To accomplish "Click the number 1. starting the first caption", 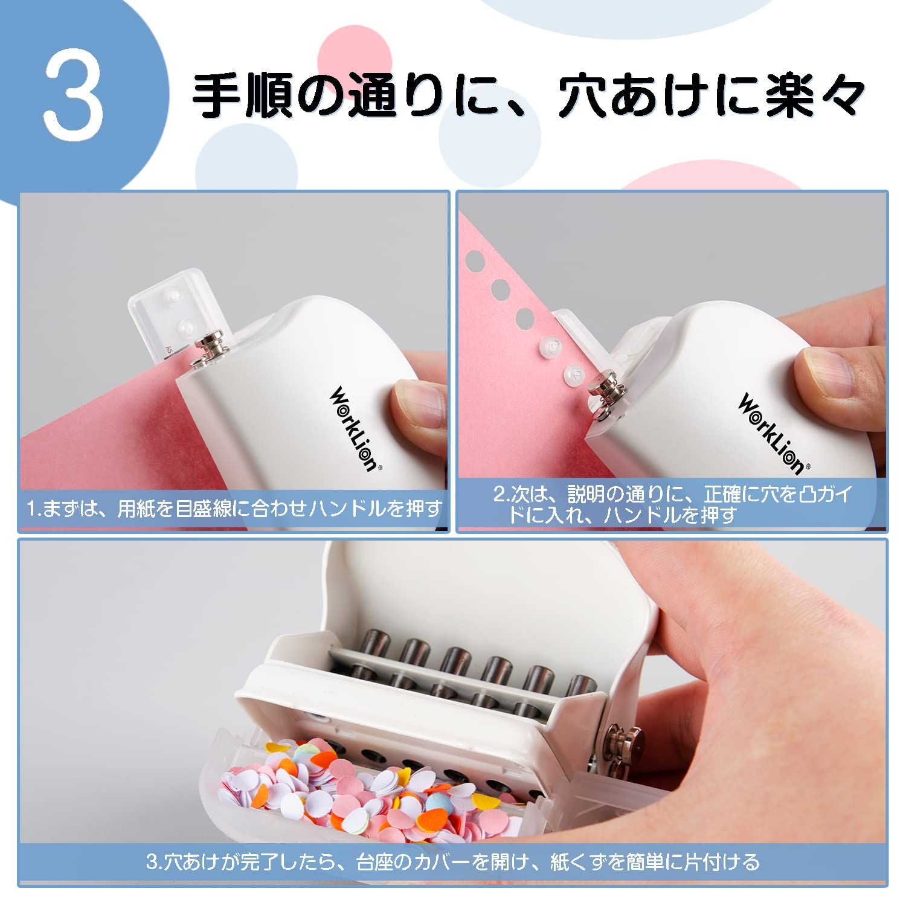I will click(33, 509).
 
